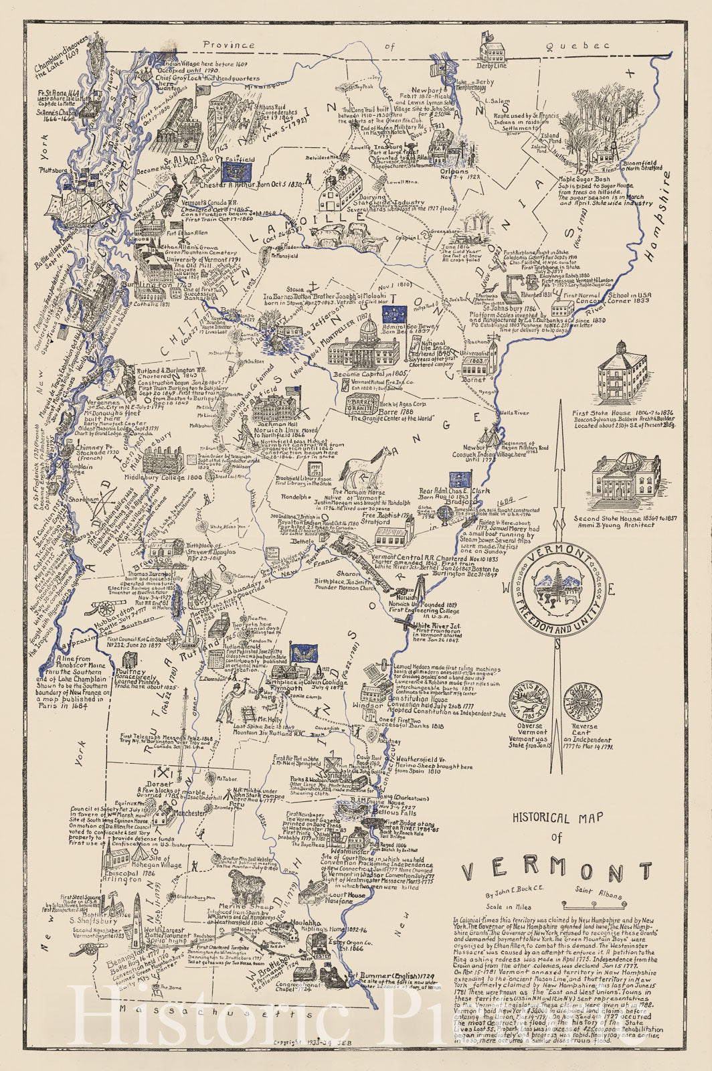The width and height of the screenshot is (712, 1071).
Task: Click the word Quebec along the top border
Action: click(x=578, y=46)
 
